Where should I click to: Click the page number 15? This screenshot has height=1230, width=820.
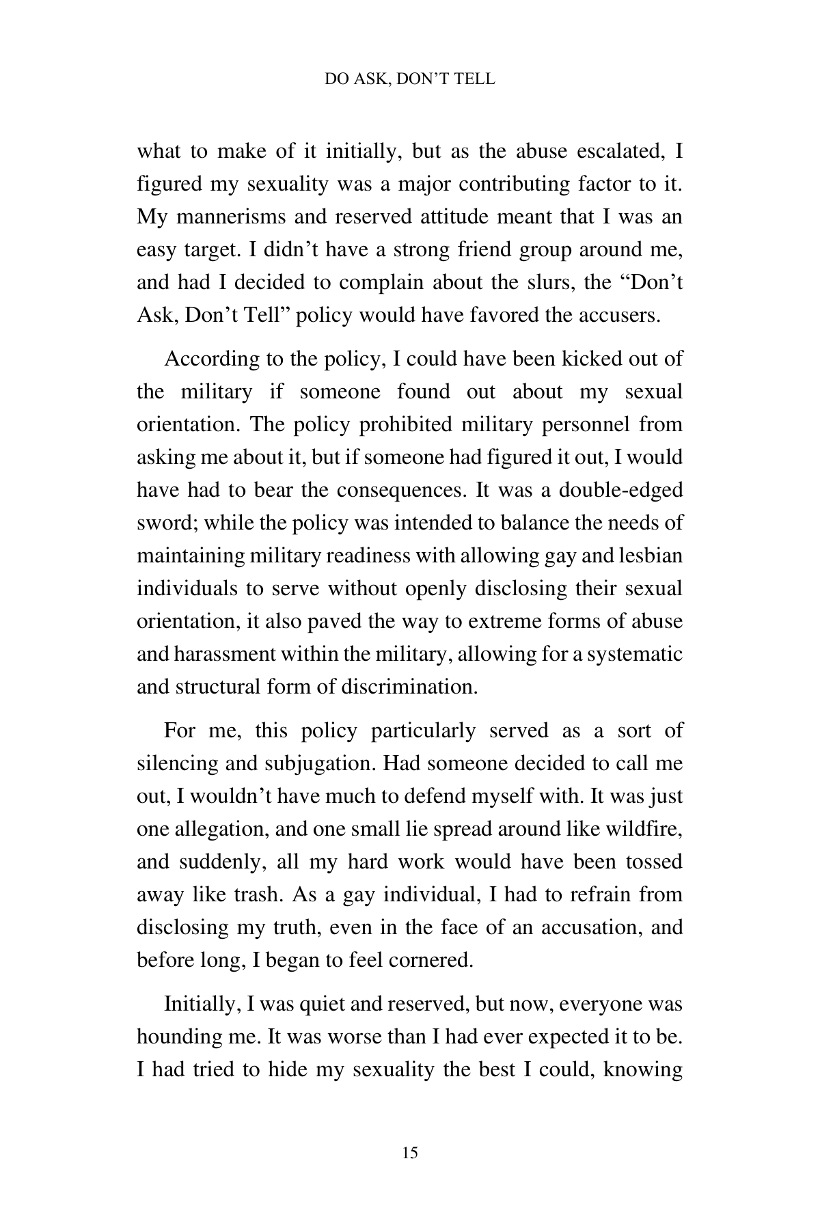click(x=410, y=1153)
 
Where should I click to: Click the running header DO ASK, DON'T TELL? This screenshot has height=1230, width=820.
click(x=410, y=79)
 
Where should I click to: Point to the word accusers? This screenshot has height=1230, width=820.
click(x=618, y=315)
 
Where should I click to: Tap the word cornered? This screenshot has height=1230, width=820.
click(x=430, y=960)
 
